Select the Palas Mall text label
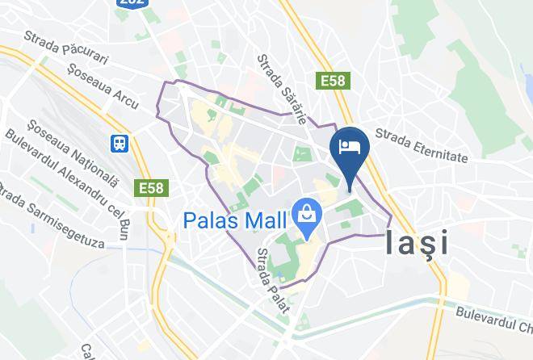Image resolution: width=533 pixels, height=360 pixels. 235,220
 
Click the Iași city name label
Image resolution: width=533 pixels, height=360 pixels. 418,241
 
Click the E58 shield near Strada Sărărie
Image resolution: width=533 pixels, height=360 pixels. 332,82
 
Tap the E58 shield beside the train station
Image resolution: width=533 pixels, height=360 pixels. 151,188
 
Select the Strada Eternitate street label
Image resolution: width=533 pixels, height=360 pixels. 422,146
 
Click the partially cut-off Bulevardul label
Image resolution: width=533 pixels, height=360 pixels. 493,316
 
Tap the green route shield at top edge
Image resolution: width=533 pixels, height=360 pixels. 132,3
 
